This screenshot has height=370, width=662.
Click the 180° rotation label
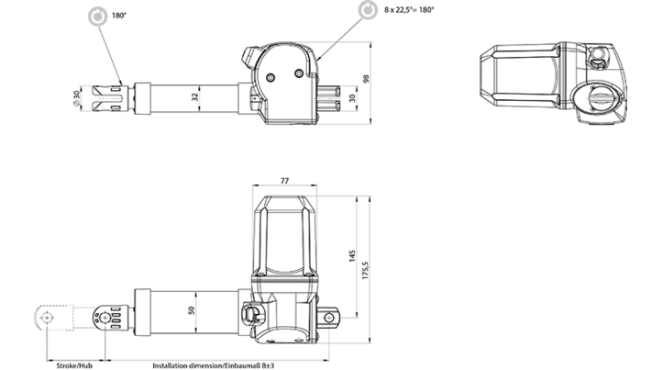[x=119, y=16]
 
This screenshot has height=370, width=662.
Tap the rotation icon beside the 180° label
[x=98, y=17]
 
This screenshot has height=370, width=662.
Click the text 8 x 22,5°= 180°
[x=409, y=10]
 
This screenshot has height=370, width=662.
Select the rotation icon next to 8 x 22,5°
[x=369, y=10]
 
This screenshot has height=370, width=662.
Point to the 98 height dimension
[x=366, y=78]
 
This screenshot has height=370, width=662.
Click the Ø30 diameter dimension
[x=76, y=98]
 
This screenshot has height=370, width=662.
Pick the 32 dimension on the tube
[x=194, y=96]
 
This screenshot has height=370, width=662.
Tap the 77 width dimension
[x=284, y=181]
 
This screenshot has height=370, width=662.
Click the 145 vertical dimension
[x=352, y=256]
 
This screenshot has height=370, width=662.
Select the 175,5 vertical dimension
[x=366, y=270]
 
